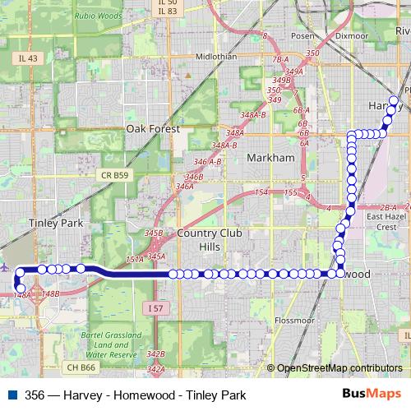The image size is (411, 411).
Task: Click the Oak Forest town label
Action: point(153,128)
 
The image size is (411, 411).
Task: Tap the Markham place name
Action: point(270,157)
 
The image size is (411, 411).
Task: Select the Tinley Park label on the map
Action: point(56,223)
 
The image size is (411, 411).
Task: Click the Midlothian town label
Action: point(216,57)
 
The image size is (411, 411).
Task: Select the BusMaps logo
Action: point(372,394)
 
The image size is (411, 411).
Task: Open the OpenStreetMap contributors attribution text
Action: point(339,368)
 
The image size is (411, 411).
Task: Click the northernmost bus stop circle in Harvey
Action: point(394,101)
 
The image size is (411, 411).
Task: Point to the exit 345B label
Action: point(154,233)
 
